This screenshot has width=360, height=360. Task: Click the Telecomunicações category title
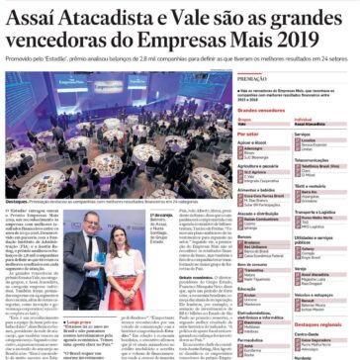(315, 158)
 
